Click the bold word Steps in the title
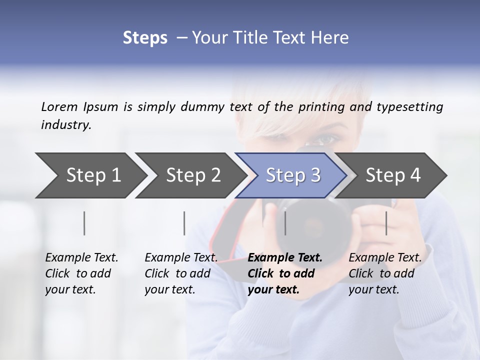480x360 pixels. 145,38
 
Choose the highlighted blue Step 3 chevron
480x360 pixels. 293,175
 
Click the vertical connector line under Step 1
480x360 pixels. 84,223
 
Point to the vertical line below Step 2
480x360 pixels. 184,223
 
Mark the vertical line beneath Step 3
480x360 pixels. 285,223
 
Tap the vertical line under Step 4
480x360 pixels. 386,223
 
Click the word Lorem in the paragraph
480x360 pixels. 59,106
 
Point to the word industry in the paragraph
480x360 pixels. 66,125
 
